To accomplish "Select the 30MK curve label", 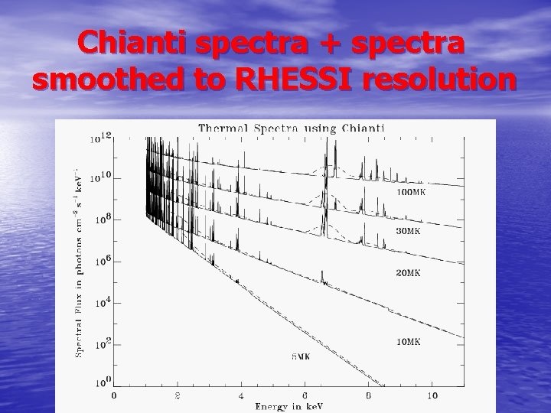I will coord(408,230).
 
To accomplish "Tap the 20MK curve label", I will coord(408,273).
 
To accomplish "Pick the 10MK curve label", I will coord(408,342).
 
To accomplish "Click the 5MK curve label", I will coord(305,356).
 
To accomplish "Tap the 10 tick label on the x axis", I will coord(432,395).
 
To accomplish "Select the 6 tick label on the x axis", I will coord(305,395).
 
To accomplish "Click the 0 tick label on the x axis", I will coord(113,395).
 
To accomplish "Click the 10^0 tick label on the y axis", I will coord(101,382).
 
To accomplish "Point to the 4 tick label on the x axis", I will coord(241,395).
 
